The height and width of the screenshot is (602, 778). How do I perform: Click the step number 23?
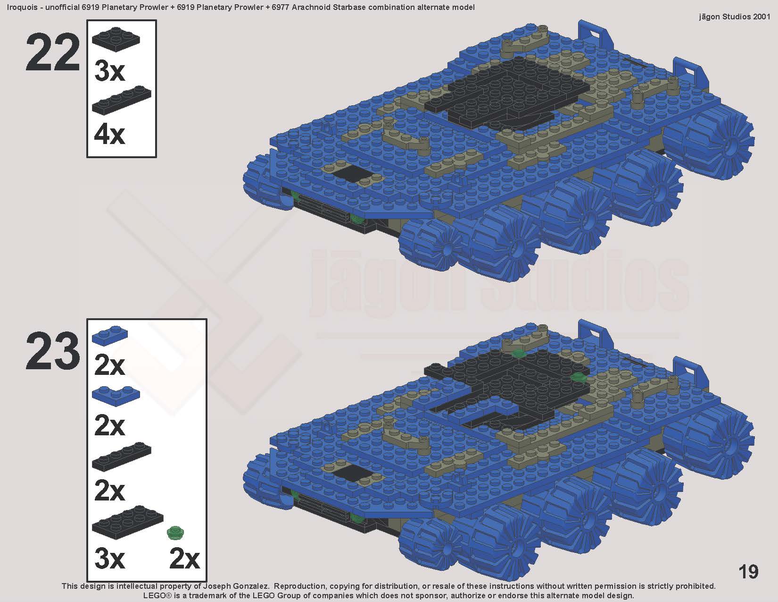[53, 351]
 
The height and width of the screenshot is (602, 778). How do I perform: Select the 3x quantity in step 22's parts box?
[109, 71]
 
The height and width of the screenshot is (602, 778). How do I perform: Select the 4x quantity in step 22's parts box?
[109, 135]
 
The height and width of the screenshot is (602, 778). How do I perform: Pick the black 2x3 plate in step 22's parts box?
[116, 40]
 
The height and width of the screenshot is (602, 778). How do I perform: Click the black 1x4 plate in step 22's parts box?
[121, 101]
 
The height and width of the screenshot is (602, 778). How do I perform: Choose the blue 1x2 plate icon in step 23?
[110, 335]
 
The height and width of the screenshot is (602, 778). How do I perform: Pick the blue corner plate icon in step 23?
[116, 396]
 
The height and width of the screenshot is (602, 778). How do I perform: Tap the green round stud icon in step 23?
[175, 533]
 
